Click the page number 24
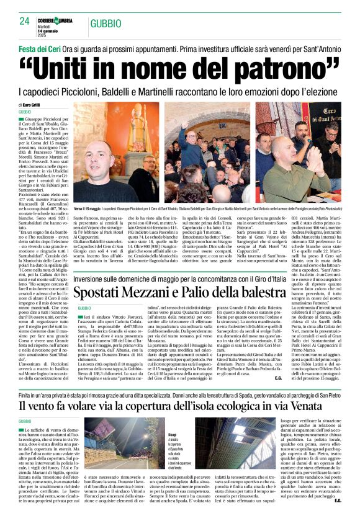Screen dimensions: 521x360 pos(25,21)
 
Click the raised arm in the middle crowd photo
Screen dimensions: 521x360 pos(193,127)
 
